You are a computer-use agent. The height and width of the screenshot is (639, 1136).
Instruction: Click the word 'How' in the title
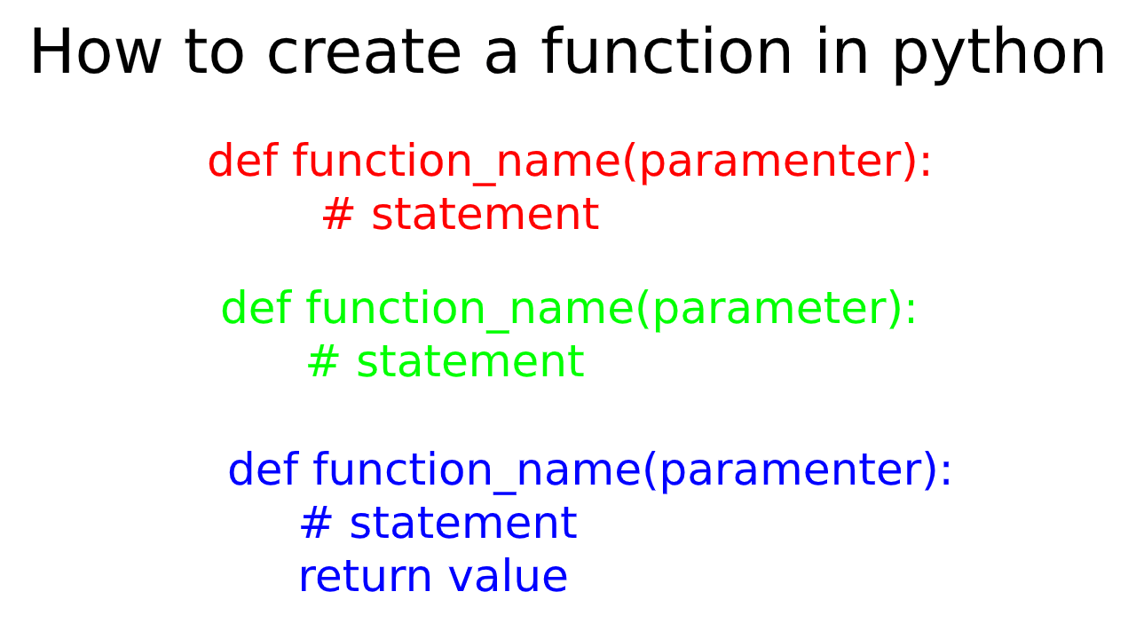coord(95,53)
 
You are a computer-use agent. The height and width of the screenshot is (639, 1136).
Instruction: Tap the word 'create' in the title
coord(364,53)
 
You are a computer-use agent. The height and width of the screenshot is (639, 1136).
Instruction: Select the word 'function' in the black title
coord(667,53)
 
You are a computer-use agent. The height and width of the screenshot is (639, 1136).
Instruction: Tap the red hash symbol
coord(338,216)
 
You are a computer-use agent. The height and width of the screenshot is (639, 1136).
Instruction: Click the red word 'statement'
coord(485,216)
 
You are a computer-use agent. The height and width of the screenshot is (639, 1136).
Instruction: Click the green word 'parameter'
coord(764,310)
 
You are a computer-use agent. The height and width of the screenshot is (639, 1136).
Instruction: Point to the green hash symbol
coord(323,363)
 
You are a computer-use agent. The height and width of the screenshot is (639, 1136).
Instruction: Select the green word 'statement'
coord(469,363)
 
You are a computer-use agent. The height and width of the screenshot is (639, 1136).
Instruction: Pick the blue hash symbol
coord(316,524)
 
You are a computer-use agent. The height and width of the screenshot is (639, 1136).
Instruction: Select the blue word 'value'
coord(508,577)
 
